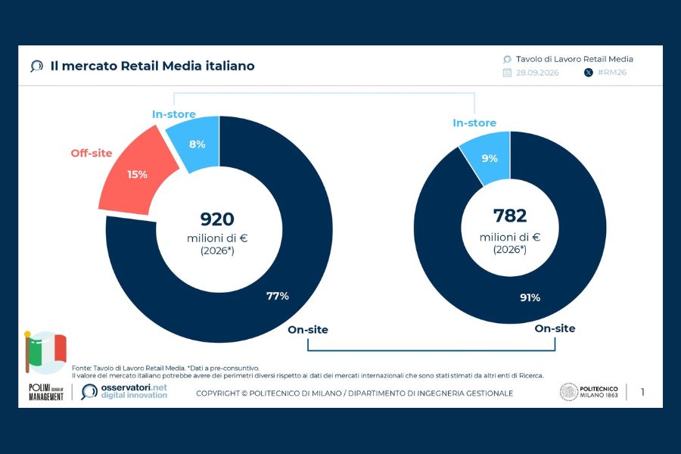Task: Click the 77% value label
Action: click(x=278, y=296)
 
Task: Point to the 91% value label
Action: click(x=530, y=297)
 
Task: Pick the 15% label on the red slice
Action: click(x=137, y=175)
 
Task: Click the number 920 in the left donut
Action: click(x=217, y=219)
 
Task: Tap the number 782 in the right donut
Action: click(x=510, y=216)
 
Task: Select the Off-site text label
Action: click(x=92, y=153)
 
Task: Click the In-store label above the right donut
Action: click(x=474, y=123)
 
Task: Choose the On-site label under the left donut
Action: click(x=308, y=330)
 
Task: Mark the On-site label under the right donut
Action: click(x=555, y=328)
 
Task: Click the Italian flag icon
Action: click(x=45, y=353)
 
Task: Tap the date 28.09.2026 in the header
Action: click(x=537, y=73)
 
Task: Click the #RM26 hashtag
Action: click(x=612, y=72)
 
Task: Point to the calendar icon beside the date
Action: click(x=507, y=73)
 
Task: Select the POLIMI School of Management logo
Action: click(x=46, y=392)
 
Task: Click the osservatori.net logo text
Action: click(x=134, y=387)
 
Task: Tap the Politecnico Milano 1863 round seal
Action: click(x=568, y=392)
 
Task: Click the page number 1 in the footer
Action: click(x=642, y=392)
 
